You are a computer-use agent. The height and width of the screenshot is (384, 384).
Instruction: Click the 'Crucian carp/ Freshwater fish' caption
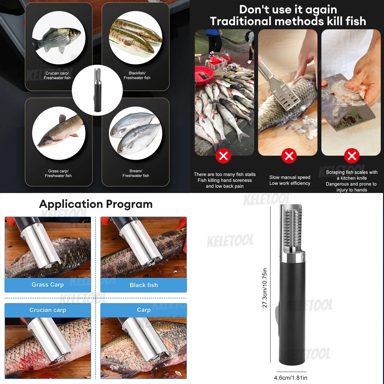(57, 76)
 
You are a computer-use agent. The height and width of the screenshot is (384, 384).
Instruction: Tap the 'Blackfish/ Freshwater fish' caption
(137, 76)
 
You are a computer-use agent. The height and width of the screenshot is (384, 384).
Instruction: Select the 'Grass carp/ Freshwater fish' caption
(58, 173)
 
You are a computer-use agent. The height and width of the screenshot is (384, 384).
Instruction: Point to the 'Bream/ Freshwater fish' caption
(136, 173)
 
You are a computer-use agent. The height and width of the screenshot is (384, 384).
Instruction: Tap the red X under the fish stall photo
(223, 156)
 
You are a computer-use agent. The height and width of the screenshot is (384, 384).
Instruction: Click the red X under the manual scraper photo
(289, 156)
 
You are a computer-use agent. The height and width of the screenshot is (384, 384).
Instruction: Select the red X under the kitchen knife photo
(352, 156)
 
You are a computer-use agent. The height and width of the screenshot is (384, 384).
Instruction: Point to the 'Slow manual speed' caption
(290, 177)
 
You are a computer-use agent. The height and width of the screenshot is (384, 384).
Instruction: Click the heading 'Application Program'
(96, 204)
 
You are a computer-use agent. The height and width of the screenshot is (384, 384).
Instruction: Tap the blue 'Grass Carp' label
(48, 285)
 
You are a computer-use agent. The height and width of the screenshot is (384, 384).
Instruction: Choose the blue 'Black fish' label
(144, 285)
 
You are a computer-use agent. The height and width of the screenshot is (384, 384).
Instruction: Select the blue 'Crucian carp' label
(48, 310)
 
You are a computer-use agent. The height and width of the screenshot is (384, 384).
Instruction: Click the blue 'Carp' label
(144, 310)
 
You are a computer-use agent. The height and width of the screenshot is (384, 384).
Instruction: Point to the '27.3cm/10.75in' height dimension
(265, 288)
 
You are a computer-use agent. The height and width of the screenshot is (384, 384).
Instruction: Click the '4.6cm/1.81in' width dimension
(291, 378)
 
